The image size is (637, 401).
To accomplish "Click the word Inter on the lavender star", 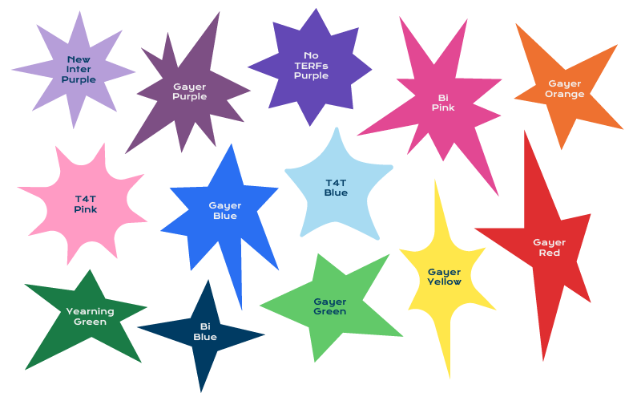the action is pyautogui.click(x=79, y=69).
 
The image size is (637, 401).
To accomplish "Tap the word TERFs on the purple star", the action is pyautogui.click(x=311, y=66).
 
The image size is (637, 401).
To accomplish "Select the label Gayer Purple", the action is pyautogui.click(x=190, y=91).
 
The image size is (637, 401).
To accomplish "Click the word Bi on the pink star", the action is pyautogui.click(x=443, y=98).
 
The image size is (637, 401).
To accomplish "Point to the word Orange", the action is pyautogui.click(x=565, y=95).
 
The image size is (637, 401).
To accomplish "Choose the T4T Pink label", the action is pyautogui.click(x=86, y=205).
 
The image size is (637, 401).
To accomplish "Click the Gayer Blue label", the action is pyautogui.click(x=225, y=211).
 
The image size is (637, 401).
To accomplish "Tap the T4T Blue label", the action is pyautogui.click(x=336, y=188).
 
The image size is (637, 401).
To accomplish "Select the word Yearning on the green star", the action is pyautogui.click(x=91, y=311).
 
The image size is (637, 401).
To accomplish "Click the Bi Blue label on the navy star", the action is pyautogui.click(x=205, y=332).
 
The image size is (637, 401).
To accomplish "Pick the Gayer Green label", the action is pyautogui.click(x=330, y=306).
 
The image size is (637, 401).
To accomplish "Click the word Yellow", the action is pyautogui.click(x=445, y=282).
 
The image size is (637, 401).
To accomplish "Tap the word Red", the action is pyautogui.click(x=550, y=253).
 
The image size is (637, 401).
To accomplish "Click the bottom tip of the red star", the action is pyautogui.click(x=543, y=361).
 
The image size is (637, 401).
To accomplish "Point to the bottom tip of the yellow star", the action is pyautogui.click(x=450, y=379).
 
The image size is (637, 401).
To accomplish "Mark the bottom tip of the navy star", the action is pyautogui.click(x=200, y=392).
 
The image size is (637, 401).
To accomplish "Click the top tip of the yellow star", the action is pyautogui.click(x=435, y=180).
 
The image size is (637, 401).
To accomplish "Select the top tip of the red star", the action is pyautogui.click(x=525, y=131).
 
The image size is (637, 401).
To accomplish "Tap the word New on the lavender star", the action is pyautogui.click(x=79, y=59).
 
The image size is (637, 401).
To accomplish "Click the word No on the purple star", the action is pyautogui.click(x=311, y=55).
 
